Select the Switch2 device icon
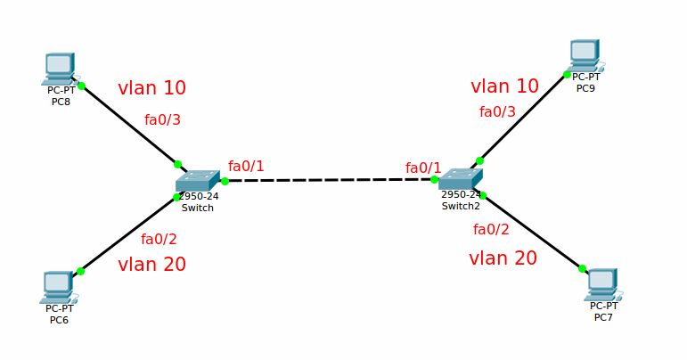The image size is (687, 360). [x=461, y=178]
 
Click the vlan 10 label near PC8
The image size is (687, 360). [x=151, y=88]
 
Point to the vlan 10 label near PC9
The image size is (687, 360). [x=504, y=86]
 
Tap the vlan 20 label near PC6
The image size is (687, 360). [x=151, y=265]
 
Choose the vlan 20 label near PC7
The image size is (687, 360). [x=503, y=258]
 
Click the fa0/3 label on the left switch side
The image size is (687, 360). [x=162, y=120]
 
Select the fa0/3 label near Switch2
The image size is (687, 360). [x=497, y=112]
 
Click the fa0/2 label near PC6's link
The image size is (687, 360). [x=159, y=239]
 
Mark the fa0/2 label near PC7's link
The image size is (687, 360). [x=491, y=230]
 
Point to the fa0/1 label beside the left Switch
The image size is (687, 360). [x=246, y=167]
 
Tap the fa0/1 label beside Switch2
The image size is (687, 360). [x=423, y=168]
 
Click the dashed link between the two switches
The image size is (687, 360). [x=330, y=180]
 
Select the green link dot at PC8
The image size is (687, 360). [x=81, y=86]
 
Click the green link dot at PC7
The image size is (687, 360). [x=582, y=268]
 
